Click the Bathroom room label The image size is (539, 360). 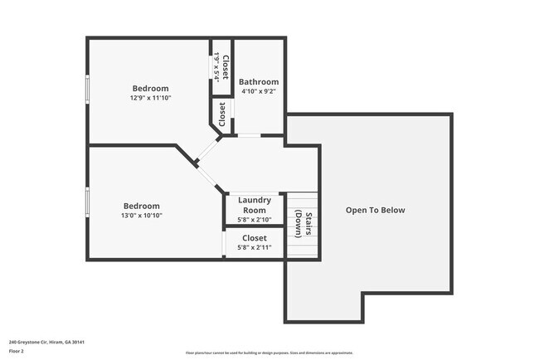point(259,82)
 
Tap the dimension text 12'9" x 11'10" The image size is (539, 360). point(150,99)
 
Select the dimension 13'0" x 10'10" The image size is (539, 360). point(142,216)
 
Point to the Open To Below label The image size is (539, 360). point(375,210)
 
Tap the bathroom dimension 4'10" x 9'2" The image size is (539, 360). point(259,92)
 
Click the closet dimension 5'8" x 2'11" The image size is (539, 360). point(254,247)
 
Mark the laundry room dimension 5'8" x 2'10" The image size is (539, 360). point(255,220)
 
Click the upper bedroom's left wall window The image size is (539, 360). point(87,90)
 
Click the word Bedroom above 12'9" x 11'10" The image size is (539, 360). point(150,89)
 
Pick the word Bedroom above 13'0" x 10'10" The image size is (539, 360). point(142,206)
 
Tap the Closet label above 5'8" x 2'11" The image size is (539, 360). point(254,238)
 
